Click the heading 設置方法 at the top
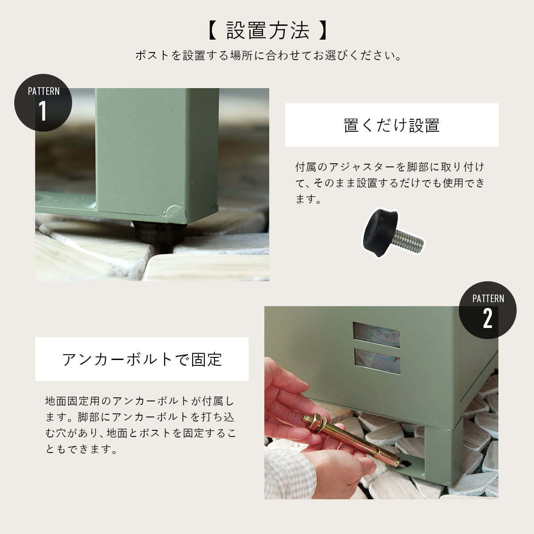click(x=267, y=30)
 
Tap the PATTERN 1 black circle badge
click(x=43, y=102)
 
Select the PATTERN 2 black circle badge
click(x=487, y=310)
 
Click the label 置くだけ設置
click(x=392, y=125)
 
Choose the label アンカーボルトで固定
click(x=142, y=360)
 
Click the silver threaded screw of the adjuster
click(x=409, y=241)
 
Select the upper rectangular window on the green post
click(x=376, y=335)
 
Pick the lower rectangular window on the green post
click(x=377, y=361)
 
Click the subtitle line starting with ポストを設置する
click(x=268, y=56)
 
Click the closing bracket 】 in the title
click(x=323, y=31)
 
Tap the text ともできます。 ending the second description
click(x=82, y=449)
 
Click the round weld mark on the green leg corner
click(x=172, y=212)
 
